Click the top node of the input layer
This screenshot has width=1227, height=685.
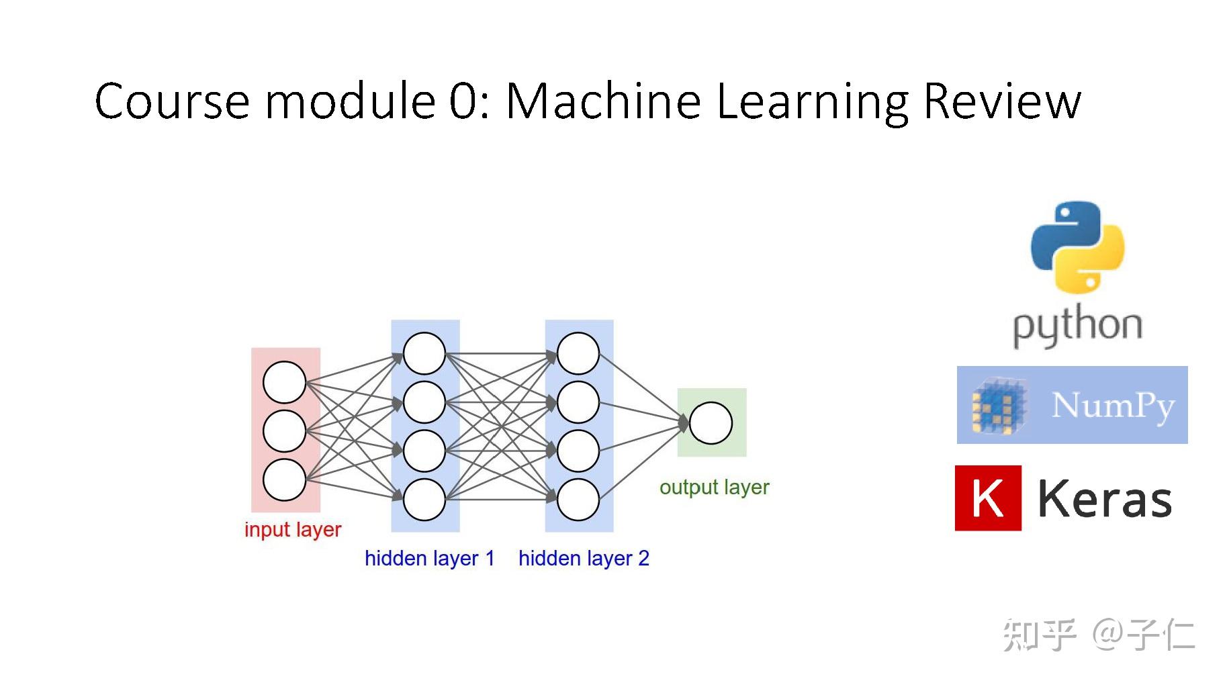284,382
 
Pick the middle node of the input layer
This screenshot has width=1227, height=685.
284,431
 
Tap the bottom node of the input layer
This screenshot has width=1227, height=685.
284,479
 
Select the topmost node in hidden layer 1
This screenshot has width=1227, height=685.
424,353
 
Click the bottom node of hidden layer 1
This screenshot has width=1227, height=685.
424,500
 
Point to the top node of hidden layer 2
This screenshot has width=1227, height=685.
578,353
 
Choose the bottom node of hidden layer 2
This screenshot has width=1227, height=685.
578,500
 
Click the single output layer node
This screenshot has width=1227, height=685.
711,423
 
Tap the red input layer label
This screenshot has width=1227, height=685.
293,530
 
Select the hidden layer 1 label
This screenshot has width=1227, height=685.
429,558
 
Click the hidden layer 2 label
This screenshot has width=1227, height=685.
584,558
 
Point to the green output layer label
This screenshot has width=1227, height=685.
714,487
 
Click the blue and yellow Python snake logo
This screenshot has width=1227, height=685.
1077,247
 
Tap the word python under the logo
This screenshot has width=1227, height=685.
1077,326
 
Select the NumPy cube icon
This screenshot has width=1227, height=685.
999,406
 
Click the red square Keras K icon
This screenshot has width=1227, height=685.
988,498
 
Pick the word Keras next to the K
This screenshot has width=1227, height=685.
1105,500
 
